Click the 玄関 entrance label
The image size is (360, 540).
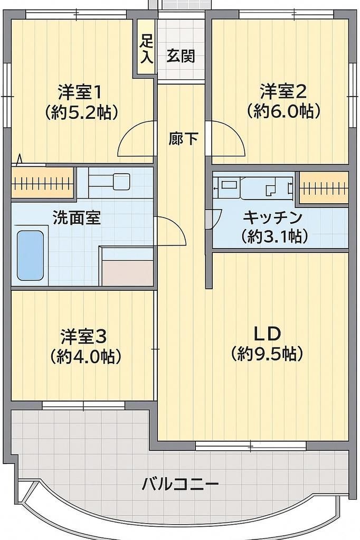(181, 56)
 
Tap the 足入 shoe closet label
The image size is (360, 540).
(146, 49)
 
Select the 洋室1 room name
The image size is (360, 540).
(80, 92)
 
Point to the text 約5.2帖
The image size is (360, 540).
(80, 112)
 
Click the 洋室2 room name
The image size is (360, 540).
(283, 92)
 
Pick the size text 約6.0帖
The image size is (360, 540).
(283, 112)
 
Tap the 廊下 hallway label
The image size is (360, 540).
(183, 138)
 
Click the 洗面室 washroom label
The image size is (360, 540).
(77, 217)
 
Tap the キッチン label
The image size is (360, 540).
(272, 217)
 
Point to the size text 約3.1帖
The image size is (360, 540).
(273, 236)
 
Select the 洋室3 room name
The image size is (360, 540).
(84, 336)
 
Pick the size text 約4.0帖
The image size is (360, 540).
(85, 356)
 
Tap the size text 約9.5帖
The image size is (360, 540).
(267, 354)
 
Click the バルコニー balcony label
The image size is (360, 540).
(180, 484)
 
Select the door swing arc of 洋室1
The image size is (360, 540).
(135, 140)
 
